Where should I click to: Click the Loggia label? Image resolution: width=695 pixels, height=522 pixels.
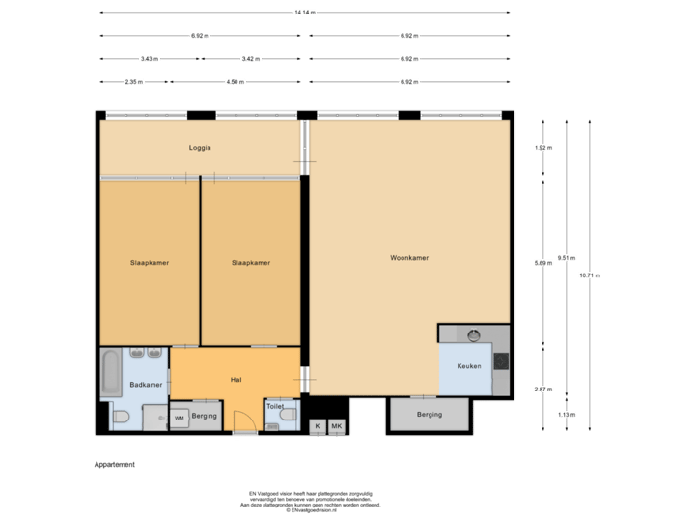tap(200, 148)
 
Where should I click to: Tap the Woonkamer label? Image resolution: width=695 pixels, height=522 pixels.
tap(409, 258)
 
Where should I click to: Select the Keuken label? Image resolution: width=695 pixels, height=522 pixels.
tap(468, 366)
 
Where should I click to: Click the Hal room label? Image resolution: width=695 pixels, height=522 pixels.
tap(236, 380)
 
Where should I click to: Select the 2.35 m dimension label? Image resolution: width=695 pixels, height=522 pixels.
tap(133, 82)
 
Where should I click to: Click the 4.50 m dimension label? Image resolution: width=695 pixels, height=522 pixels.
tap(234, 82)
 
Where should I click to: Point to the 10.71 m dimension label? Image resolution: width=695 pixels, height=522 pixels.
tap(589, 275)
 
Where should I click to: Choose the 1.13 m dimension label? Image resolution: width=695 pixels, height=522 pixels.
tap(566, 414)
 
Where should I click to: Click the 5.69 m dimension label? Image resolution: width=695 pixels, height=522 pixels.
tap(543, 261)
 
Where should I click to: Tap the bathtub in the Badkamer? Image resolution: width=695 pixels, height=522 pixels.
tap(110, 373)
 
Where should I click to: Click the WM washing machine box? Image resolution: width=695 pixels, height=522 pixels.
tap(179, 418)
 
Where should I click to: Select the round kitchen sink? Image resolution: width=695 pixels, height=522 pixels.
tap(473, 335)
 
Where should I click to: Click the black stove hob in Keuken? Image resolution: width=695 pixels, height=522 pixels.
tap(501, 362)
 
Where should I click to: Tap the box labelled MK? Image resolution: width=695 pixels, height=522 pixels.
tap(337, 425)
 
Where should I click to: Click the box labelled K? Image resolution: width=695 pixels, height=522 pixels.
tap(317, 425)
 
